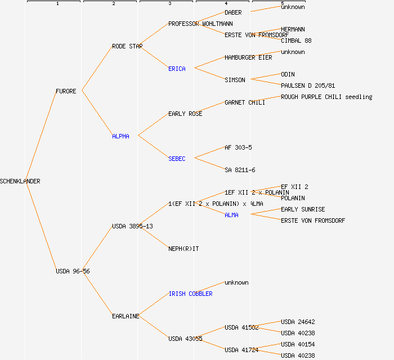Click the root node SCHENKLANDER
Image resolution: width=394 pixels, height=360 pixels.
click(x=20, y=181)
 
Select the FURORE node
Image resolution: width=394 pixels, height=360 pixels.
click(x=66, y=91)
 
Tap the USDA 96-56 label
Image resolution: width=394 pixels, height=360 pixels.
click(x=73, y=271)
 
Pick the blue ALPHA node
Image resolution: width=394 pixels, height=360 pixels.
click(x=120, y=136)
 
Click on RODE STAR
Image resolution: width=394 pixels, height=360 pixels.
click(x=127, y=46)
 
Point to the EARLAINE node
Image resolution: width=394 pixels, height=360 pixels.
click(x=126, y=316)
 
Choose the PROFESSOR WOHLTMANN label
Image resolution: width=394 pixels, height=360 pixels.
click(x=200, y=24)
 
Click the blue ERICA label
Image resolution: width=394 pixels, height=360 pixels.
click(x=177, y=69)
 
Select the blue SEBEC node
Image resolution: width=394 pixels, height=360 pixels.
click(x=177, y=159)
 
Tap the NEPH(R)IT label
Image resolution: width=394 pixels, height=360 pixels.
click(x=183, y=249)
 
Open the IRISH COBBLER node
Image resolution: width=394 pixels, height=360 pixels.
click(x=190, y=294)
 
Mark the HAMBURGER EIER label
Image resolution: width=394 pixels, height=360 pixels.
click(x=248, y=57)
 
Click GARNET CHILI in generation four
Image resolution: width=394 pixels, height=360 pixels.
click(x=245, y=102)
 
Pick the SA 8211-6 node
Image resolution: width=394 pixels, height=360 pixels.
click(x=240, y=170)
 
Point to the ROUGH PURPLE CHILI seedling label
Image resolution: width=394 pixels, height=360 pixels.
click(x=326, y=97)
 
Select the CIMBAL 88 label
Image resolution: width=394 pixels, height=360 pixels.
click(x=296, y=40)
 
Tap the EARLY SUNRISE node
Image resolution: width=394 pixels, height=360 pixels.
click(x=303, y=209)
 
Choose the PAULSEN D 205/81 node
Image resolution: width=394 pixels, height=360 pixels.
click(x=308, y=85)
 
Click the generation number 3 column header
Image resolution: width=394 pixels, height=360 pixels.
click(x=169, y=4)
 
